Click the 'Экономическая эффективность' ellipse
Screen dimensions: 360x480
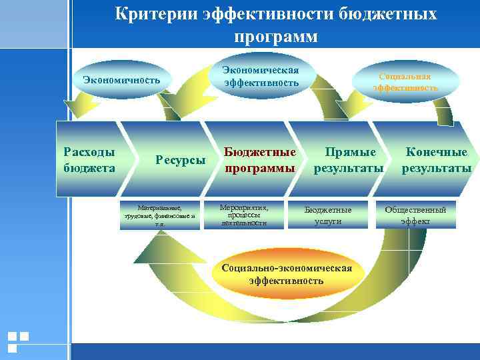tap(260, 77)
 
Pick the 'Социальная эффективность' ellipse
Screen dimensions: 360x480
tap(405, 81)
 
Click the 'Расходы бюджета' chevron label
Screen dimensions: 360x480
tap(89, 159)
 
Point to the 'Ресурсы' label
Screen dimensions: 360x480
tap(180, 160)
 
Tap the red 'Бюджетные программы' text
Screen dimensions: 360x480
tap(260, 160)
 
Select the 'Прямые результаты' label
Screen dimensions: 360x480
tap(349, 160)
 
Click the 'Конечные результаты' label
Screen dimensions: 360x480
tap(436, 160)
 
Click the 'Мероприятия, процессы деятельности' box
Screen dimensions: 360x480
tap(244, 215)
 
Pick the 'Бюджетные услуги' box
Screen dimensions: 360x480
tap(327, 215)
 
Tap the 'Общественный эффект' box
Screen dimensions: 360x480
tap(415, 215)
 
